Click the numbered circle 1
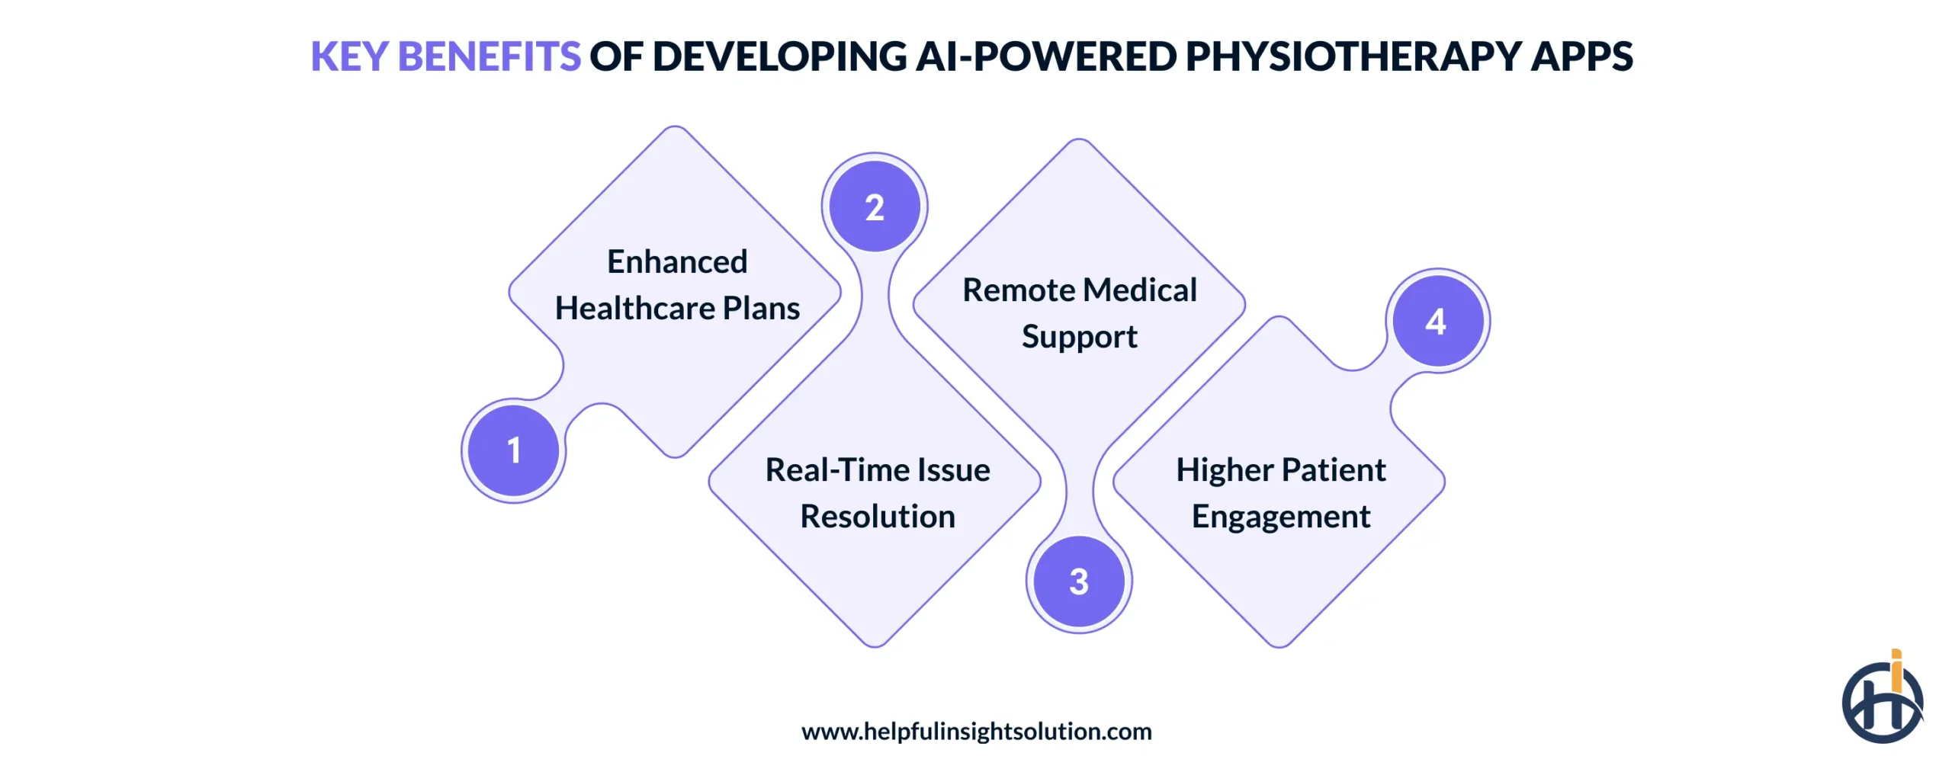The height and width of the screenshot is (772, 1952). click(x=513, y=450)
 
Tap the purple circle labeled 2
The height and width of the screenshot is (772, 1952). click(x=875, y=207)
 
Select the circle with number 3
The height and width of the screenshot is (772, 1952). click(x=1078, y=581)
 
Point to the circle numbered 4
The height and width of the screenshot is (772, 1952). click(x=1437, y=321)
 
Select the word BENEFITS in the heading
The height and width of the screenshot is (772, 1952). click(x=489, y=56)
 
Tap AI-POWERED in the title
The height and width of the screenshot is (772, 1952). click(x=1045, y=56)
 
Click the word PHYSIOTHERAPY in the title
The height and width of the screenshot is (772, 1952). click(x=1353, y=56)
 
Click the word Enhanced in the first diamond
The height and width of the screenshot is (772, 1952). click(x=677, y=261)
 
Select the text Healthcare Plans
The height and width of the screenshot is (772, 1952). click(x=677, y=308)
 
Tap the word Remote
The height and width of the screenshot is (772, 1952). click(x=1019, y=290)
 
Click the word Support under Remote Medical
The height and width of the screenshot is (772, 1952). click(x=1079, y=336)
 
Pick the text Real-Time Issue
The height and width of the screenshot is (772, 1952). click(x=877, y=469)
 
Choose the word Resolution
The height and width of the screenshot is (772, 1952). click(x=877, y=516)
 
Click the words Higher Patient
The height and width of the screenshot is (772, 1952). click(x=1280, y=469)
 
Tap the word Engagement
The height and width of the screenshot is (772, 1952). click(x=1280, y=516)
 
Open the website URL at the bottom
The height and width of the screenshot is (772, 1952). click(x=976, y=731)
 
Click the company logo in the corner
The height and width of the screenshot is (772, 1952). click(x=1881, y=701)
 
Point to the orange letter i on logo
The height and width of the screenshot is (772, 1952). click(x=1896, y=671)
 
